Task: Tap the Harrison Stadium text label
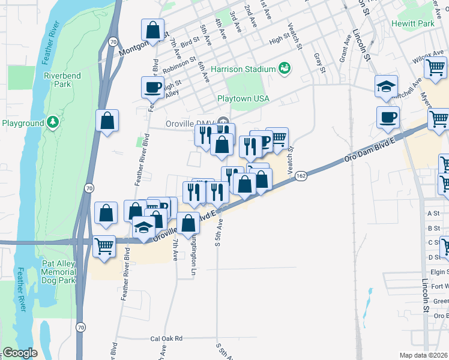[243, 69]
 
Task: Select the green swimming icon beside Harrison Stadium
[285, 69]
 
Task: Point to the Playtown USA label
[243, 98]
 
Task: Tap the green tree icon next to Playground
[53, 123]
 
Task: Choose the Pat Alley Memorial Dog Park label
[58, 272]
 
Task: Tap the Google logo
[20, 353]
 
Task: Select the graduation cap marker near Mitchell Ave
[387, 86]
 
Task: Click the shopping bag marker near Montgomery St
[152, 29]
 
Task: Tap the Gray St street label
[319, 64]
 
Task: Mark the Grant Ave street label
[345, 48]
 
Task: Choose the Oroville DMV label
[190, 124]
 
